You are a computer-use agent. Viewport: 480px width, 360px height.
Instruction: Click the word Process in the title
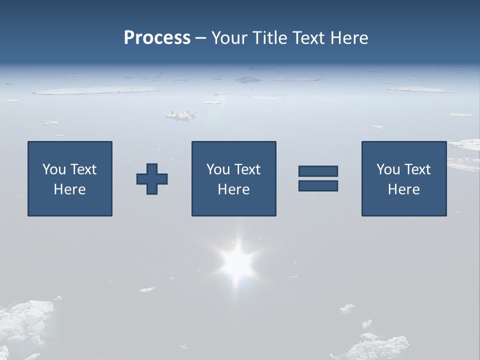157,38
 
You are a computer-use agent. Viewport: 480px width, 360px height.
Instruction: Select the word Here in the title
349,38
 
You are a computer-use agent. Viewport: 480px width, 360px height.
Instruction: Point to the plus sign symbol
152,179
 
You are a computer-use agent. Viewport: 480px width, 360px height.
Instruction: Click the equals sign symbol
318,178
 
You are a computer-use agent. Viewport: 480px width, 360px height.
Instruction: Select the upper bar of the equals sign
318,171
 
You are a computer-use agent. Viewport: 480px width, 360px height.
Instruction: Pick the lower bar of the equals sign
318,185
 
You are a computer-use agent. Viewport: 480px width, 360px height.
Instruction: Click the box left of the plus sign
70,178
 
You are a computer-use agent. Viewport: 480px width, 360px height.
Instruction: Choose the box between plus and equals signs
233,178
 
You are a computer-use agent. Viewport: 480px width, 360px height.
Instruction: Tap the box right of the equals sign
403,178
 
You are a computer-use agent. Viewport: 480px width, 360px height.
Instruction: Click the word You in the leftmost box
54,169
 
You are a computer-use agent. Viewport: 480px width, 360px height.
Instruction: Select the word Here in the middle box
233,189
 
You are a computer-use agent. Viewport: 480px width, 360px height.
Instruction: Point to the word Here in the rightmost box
403,189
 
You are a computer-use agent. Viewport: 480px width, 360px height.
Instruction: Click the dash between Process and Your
201,38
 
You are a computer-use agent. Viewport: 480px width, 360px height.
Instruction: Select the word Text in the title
308,38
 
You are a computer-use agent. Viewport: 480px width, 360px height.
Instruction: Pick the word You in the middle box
218,169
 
